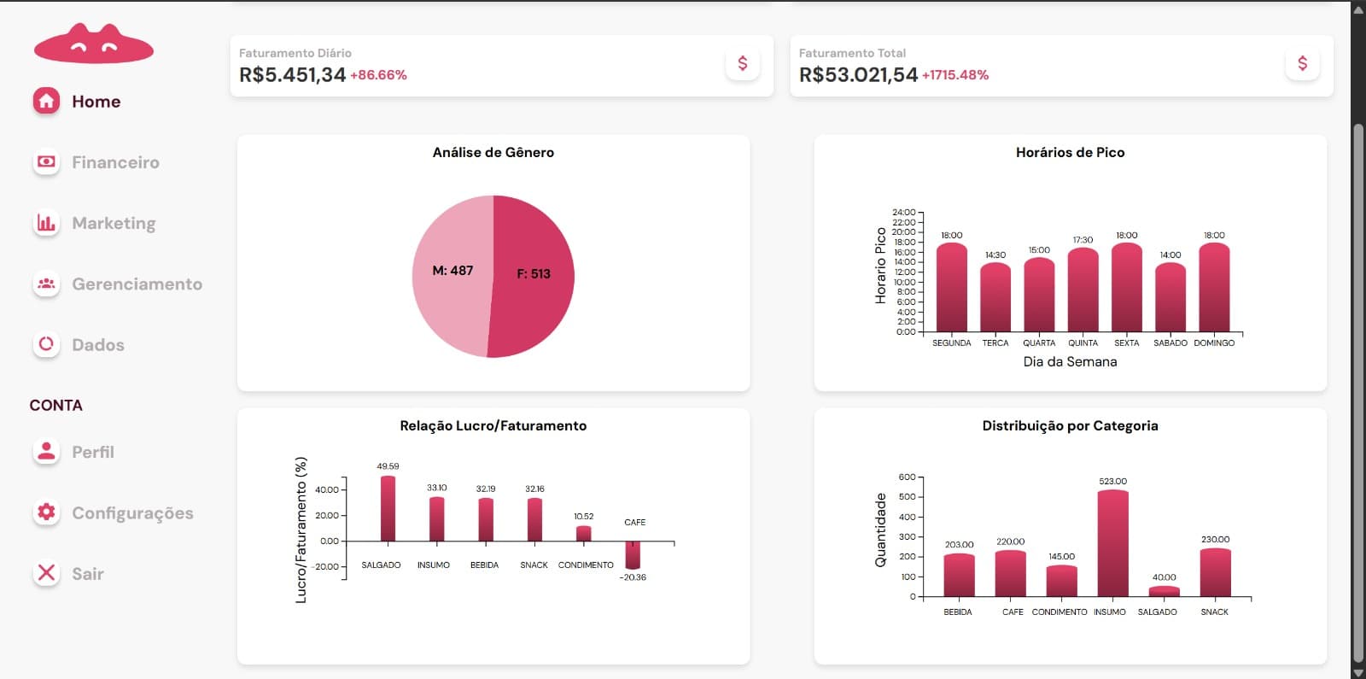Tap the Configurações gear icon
click(x=46, y=512)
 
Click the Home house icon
click(x=46, y=101)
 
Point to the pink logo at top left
click(x=93, y=44)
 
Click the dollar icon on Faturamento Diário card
click(x=742, y=63)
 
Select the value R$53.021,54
click(x=858, y=74)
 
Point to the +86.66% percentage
click(x=378, y=75)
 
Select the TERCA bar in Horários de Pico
click(x=995, y=298)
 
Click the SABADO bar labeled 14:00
click(x=1170, y=298)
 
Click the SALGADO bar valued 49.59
click(x=388, y=509)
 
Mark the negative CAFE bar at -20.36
click(x=633, y=555)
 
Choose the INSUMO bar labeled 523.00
click(x=1113, y=543)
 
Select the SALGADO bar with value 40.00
click(x=1165, y=592)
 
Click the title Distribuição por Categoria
click(x=1071, y=426)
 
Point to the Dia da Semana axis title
click(x=1071, y=362)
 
